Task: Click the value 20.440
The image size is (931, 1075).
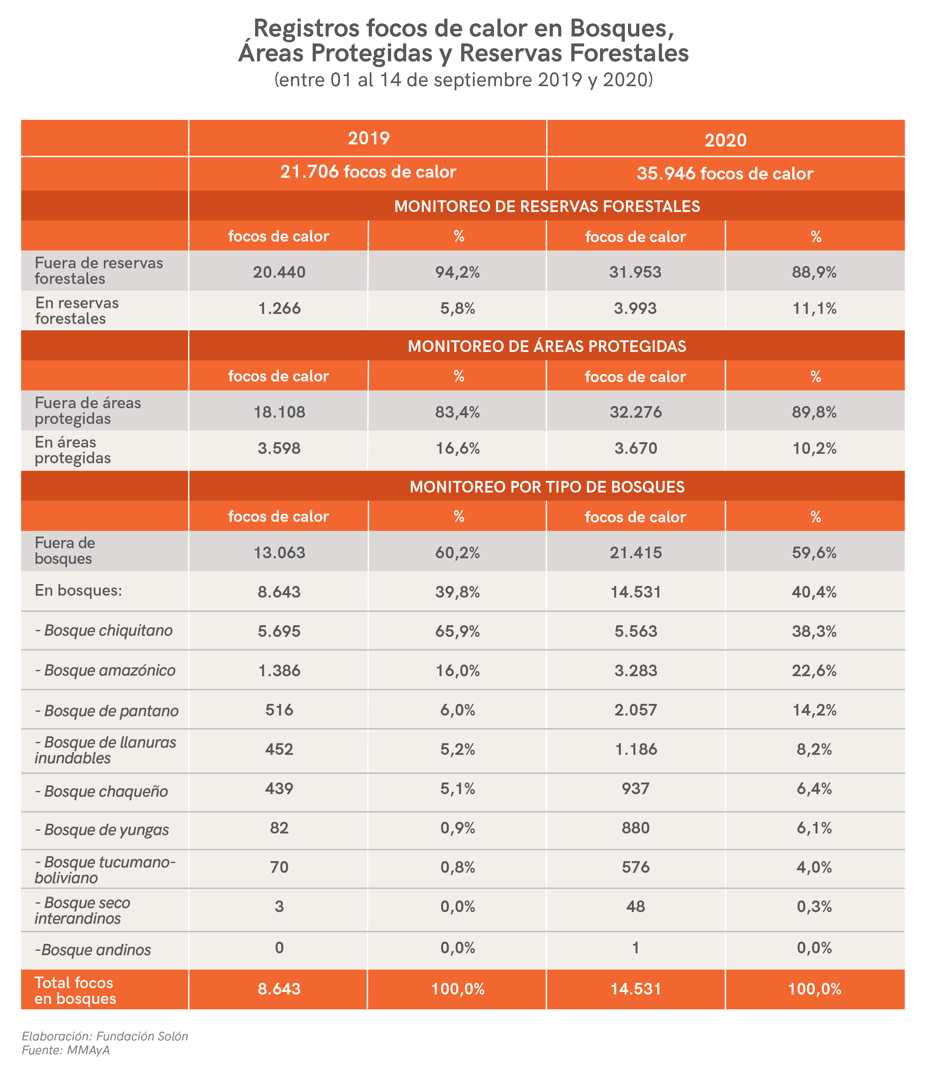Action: (x=279, y=272)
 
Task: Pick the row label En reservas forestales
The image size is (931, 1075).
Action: (x=77, y=310)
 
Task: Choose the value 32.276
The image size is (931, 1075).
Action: (x=635, y=412)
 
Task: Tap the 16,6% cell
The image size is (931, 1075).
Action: (x=457, y=448)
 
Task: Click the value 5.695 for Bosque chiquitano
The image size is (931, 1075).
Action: (x=279, y=631)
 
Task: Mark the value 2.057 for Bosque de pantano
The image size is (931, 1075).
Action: (x=635, y=710)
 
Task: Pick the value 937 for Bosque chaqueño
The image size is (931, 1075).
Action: (x=635, y=788)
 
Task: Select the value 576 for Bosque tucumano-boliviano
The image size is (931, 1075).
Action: (x=635, y=867)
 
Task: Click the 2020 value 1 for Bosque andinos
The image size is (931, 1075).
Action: (x=635, y=948)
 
